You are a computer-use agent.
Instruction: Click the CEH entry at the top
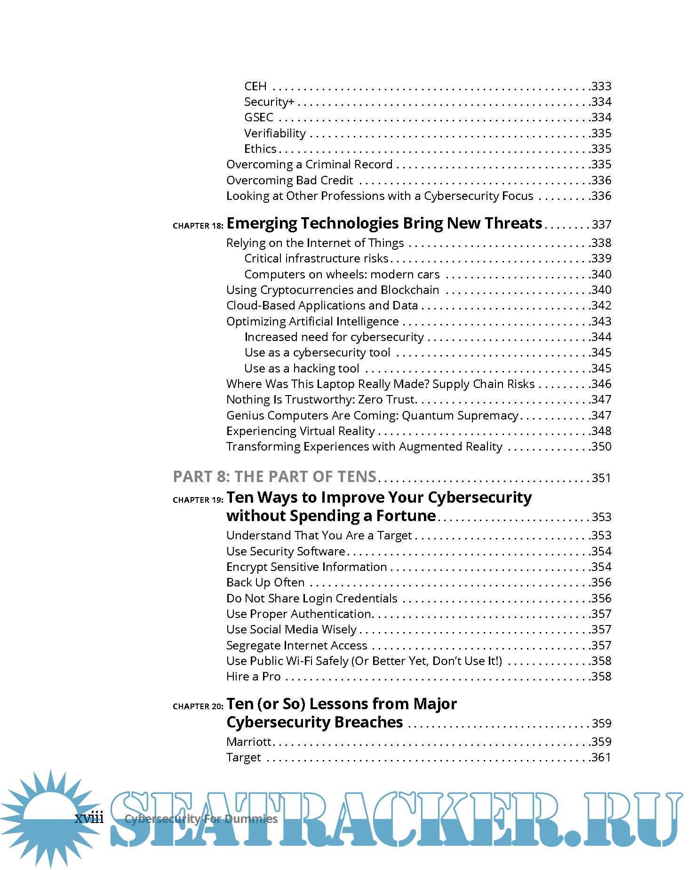tap(255, 86)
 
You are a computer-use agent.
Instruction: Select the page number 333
tap(601, 86)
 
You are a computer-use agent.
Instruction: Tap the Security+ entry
tap(269, 102)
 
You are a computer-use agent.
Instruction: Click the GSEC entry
tap(258, 117)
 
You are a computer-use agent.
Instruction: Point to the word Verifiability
tap(275, 133)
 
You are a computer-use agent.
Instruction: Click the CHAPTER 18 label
tap(198, 226)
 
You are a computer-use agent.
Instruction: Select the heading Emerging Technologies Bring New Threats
tap(384, 223)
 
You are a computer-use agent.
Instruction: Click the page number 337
tap(601, 224)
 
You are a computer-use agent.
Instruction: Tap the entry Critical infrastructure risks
tap(316, 258)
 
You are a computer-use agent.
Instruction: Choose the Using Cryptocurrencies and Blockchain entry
tap(333, 290)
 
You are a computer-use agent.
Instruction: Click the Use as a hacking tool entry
tap(302, 368)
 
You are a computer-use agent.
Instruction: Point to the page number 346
tap(601, 384)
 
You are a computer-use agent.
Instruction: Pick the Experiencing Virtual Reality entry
tap(300, 431)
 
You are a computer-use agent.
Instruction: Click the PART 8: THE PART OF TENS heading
tap(275, 476)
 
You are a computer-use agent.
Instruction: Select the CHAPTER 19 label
tap(198, 500)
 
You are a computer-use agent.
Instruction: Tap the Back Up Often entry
tap(265, 582)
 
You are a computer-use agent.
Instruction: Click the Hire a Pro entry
tap(253, 676)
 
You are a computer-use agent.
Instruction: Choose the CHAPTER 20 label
tap(198, 706)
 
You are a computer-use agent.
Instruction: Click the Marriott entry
tap(248, 742)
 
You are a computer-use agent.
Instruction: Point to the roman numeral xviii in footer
tap(89, 818)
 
